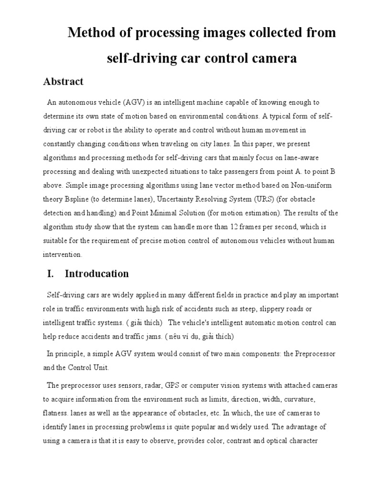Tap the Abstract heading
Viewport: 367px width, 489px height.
(63, 82)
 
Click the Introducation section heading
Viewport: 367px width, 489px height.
(97, 274)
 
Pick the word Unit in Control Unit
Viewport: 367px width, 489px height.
(102, 368)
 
